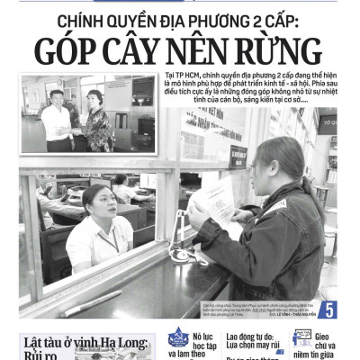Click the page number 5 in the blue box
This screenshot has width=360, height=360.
point(327,308)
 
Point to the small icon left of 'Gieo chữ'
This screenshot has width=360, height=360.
point(301,338)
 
